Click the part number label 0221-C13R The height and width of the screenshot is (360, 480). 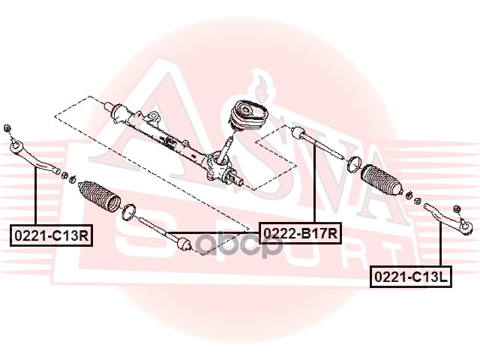[x=52, y=235]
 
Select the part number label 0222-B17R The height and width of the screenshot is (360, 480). [x=300, y=233]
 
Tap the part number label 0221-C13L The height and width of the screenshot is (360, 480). [x=411, y=277]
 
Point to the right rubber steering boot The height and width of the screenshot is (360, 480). [x=382, y=179]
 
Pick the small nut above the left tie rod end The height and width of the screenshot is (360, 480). [x=7, y=127]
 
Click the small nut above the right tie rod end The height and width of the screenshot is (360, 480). [x=457, y=209]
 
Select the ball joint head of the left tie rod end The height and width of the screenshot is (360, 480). [x=16, y=146]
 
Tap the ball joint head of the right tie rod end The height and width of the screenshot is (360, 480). [x=466, y=226]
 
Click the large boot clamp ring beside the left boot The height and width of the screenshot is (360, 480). [x=129, y=212]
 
